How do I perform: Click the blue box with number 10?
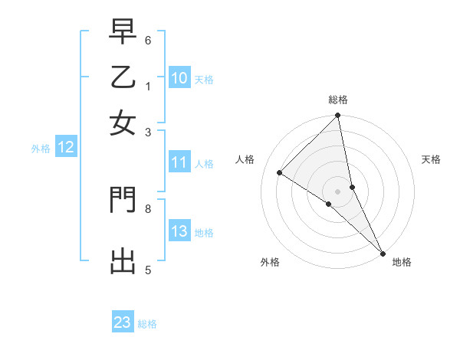[x=179, y=77]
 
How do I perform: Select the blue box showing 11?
[x=179, y=162]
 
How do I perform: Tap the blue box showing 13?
[x=179, y=231]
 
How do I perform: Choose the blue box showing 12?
[x=66, y=148]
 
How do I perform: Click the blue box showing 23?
[x=123, y=322]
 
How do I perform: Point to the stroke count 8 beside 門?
[x=148, y=208]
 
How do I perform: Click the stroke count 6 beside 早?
[x=148, y=40]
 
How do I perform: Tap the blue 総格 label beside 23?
[x=148, y=324]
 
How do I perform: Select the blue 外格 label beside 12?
[x=40, y=149]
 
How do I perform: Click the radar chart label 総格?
[x=338, y=100]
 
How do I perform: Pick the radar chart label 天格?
[x=431, y=159]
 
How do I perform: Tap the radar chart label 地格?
[x=402, y=262]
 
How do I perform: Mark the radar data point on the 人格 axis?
[x=280, y=172]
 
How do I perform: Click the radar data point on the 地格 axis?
[x=383, y=252]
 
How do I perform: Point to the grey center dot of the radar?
[x=338, y=191]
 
